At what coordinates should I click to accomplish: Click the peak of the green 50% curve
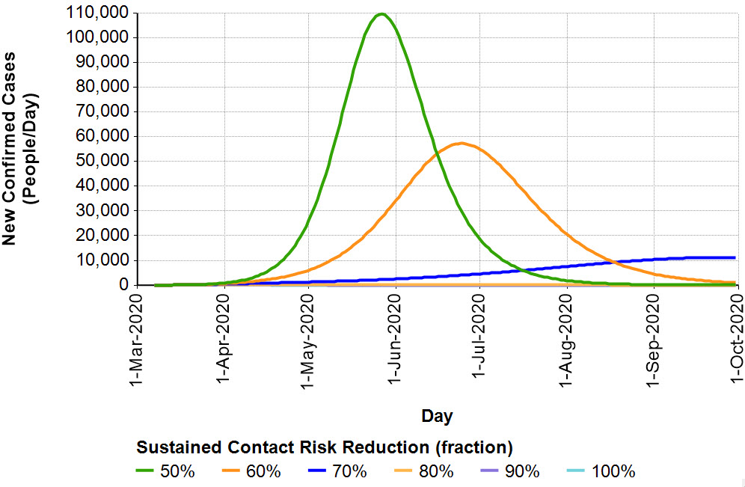(x=381, y=14)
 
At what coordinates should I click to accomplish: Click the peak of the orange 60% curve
(x=462, y=143)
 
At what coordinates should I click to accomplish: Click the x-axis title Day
(x=437, y=415)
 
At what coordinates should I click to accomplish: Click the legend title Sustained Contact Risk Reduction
(x=324, y=447)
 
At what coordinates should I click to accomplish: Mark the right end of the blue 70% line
(x=735, y=257)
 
